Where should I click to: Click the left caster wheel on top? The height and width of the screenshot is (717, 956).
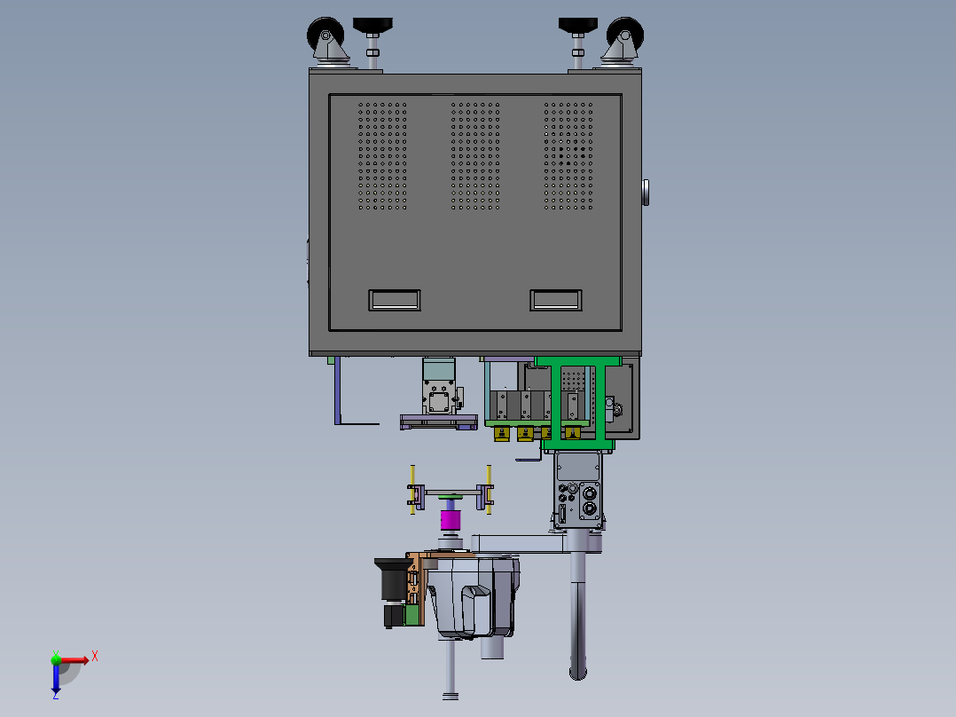pos(325,35)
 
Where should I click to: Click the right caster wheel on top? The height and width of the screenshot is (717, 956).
pos(625,35)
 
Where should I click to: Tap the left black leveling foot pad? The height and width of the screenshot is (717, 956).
pos(372,25)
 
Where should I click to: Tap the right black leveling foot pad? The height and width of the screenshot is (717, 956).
pos(578,25)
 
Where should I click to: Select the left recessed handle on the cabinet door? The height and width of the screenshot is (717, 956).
pos(395,300)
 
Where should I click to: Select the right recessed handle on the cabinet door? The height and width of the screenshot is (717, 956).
pos(556,300)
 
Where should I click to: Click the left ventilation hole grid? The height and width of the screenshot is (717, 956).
pos(382,156)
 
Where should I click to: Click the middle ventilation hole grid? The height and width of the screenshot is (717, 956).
pos(475,156)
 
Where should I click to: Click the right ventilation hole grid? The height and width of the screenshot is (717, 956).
pos(568,156)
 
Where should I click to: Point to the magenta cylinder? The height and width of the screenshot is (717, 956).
pos(451,520)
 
